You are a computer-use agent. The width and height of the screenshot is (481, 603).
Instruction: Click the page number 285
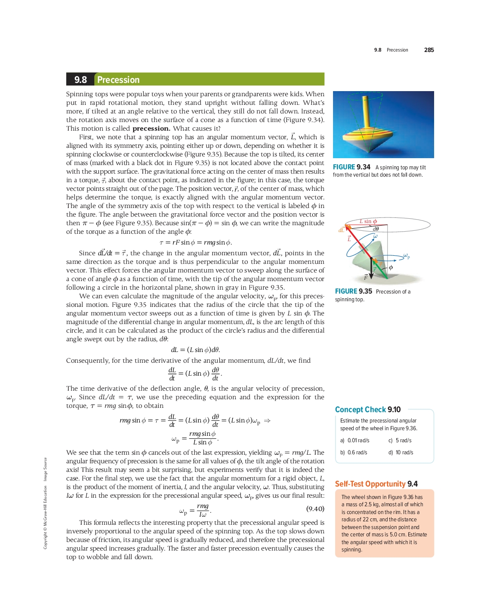point(429,50)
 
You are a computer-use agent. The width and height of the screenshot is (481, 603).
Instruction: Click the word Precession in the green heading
point(118,80)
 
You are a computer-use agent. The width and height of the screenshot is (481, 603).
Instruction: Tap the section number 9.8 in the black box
point(80,80)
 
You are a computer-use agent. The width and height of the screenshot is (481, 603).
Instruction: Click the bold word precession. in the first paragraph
point(151,129)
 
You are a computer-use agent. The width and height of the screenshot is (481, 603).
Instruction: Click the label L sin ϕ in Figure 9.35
point(368,221)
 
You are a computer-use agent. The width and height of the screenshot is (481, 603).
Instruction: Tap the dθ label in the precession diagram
point(376,229)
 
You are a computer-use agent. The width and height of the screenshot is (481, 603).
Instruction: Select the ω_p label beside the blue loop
point(407,257)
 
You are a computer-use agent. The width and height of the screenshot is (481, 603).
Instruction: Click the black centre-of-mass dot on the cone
point(371,258)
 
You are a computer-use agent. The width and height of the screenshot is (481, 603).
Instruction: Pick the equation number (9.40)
point(315,509)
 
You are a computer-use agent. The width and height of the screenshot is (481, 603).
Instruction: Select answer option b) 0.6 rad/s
point(354,453)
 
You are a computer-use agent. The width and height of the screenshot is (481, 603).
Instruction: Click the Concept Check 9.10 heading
point(368,410)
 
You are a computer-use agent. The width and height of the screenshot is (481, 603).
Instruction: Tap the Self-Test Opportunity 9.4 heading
point(376,484)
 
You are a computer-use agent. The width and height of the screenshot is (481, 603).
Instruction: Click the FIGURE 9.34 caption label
point(351,167)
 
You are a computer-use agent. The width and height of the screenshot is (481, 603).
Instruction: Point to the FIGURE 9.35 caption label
point(353,291)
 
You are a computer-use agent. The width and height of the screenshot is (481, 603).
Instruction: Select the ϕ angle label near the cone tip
point(391,267)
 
